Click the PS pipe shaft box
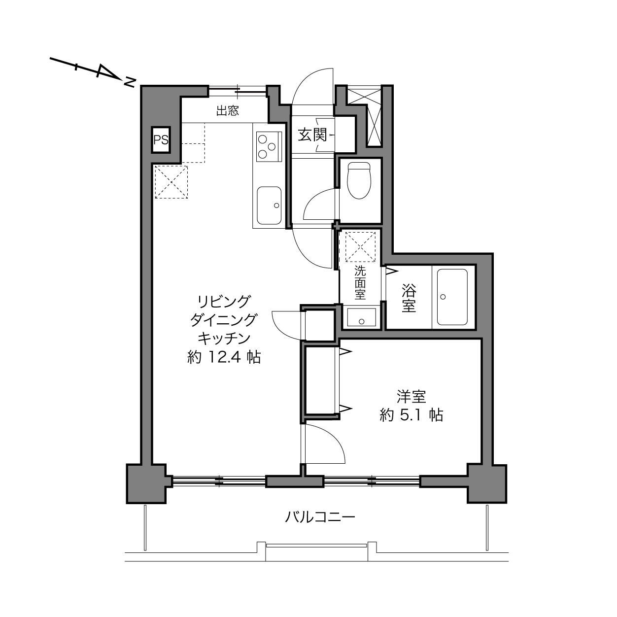(x=161, y=140)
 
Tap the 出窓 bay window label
(x=228, y=111)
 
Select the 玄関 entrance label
(x=312, y=135)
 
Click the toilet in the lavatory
(x=359, y=180)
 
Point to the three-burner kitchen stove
(x=269, y=147)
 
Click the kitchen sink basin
(x=269, y=206)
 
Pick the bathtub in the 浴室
(x=452, y=297)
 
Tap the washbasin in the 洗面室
(x=362, y=317)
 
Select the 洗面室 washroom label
(x=360, y=283)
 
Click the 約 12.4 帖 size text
(x=224, y=357)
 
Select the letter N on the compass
(x=130, y=82)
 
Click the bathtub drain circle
(x=443, y=297)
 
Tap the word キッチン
(x=224, y=338)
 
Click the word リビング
(x=224, y=301)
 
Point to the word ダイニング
(x=224, y=319)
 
